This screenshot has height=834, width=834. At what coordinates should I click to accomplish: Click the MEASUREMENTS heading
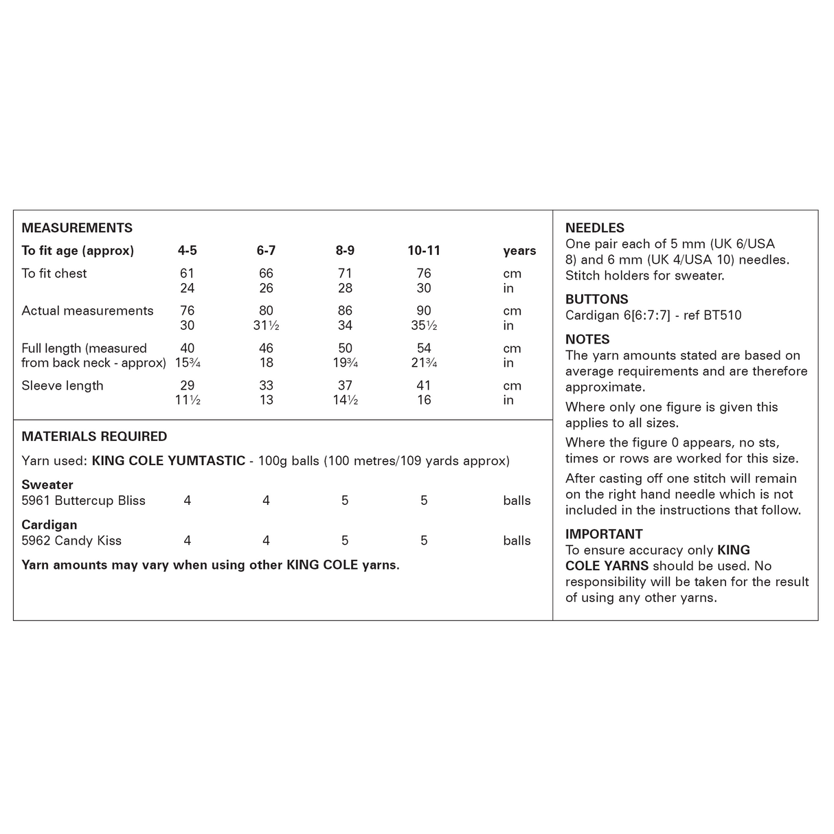click(x=77, y=228)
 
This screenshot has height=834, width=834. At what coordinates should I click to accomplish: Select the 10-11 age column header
click(x=424, y=251)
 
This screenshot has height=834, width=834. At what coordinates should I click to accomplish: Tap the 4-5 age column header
click(x=187, y=251)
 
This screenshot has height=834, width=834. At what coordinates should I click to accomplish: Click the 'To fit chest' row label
click(x=54, y=273)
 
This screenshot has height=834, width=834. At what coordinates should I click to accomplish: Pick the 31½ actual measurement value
click(x=266, y=326)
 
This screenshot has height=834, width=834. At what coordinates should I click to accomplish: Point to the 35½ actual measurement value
click(x=424, y=326)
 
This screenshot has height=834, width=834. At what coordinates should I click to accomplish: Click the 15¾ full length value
click(x=187, y=363)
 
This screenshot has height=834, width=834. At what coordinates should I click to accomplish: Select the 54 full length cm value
click(x=424, y=348)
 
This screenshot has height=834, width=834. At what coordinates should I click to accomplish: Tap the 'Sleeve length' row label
click(x=63, y=385)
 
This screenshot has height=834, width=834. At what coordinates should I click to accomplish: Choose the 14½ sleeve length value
click(x=345, y=400)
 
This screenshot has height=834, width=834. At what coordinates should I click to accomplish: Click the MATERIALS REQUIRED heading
click(x=94, y=436)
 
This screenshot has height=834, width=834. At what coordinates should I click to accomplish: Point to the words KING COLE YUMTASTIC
click(x=168, y=460)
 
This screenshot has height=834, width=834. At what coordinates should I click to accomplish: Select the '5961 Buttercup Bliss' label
click(x=83, y=500)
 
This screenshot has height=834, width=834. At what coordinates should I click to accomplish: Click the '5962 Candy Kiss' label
click(x=71, y=541)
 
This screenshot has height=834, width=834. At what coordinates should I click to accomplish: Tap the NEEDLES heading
click(x=595, y=228)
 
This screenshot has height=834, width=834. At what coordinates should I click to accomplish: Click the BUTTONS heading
click(x=596, y=300)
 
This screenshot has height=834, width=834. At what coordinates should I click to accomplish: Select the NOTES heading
click(x=587, y=339)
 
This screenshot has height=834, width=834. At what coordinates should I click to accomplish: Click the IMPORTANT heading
click(x=604, y=534)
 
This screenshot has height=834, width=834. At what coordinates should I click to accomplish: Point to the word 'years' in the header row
click(x=519, y=251)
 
